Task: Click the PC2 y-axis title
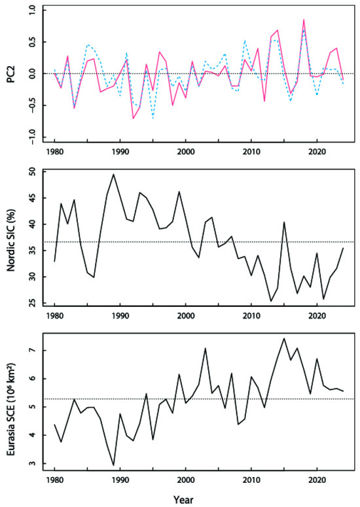click(12, 74)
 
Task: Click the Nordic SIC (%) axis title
click(12, 238)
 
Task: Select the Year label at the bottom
click(183, 500)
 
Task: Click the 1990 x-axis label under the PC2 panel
click(120, 152)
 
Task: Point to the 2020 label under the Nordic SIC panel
click(317, 315)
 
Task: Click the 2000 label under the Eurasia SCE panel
click(186, 480)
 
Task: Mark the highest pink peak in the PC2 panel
click(304, 20)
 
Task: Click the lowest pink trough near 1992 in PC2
click(133, 118)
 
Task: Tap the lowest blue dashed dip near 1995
click(153, 118)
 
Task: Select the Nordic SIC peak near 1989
click(113, 174)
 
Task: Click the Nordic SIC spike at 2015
click(284, 222)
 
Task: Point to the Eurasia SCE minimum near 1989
click(113, 465)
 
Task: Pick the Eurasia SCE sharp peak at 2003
click(205, 348)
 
